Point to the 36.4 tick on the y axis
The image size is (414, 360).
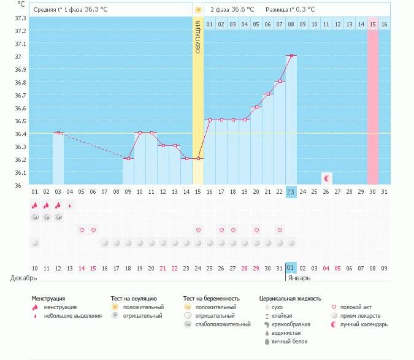pyautogui.click(x=18, y=134)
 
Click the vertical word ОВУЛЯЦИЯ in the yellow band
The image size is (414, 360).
pyautogui.click(x=197, y=37)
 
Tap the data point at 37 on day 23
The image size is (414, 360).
pyautogui.click(x=291, y=56)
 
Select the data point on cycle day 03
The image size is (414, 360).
pyautogui.click(x=58, y=133)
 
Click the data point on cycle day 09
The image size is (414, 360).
pyautogui.click(x=128, y=159)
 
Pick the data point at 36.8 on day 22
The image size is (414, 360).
pyautogui.click(x=280, y=82)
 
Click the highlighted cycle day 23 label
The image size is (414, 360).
pyautogui.click(x=291, y=191)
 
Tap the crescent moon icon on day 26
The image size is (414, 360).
pyautogui.click(x=327, y=178)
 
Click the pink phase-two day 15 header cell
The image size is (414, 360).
pyautogui.click(x=372, y=24)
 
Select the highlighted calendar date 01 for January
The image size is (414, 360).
pyautogui.click(x=291, y=268)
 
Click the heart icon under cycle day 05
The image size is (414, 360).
pyautogui.click(x=82, y=230)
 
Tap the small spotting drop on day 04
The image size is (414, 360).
pyautogui.click(x=69, y=205)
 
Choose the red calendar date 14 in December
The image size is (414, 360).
pyautogui.click(x=81, y=268)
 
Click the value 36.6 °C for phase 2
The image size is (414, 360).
pyautogui.click(x=243, y=9)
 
